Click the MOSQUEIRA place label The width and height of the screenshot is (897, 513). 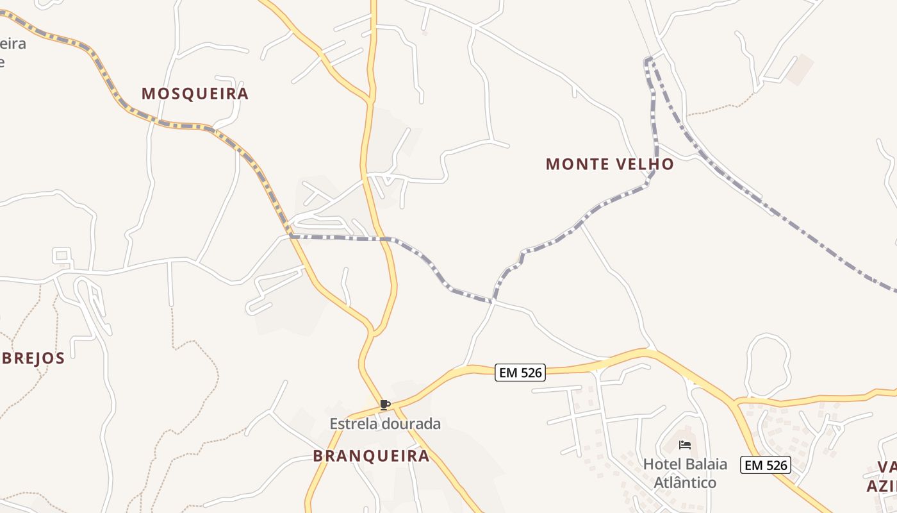click(x=195, y=94)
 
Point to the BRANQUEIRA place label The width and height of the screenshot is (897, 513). click(x=371, y=456)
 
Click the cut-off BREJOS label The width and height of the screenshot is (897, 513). click(x=33, y=358)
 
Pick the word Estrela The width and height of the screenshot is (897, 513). click(x=354, y=424)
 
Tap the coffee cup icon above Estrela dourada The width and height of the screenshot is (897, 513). click(x=384, y=405)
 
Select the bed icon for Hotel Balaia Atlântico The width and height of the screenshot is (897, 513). click(x=685, y=445)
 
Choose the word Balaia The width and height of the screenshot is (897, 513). click(x=705, y=464)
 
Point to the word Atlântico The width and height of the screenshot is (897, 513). click(x=685, y=482)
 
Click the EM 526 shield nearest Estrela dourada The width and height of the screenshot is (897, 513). click(x=520, y=373)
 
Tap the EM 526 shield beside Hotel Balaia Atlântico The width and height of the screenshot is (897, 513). click(x=766, y=465)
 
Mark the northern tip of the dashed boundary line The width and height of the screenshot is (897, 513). click(x=648, y=60)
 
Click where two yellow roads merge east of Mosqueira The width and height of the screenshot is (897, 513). click(x=370, y=100)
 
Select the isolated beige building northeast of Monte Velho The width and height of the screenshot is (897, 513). click(x=800, y=69)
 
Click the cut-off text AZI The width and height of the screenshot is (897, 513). click(x=882, y=485)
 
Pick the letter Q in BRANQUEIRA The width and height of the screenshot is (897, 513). click(x=375, y=457)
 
